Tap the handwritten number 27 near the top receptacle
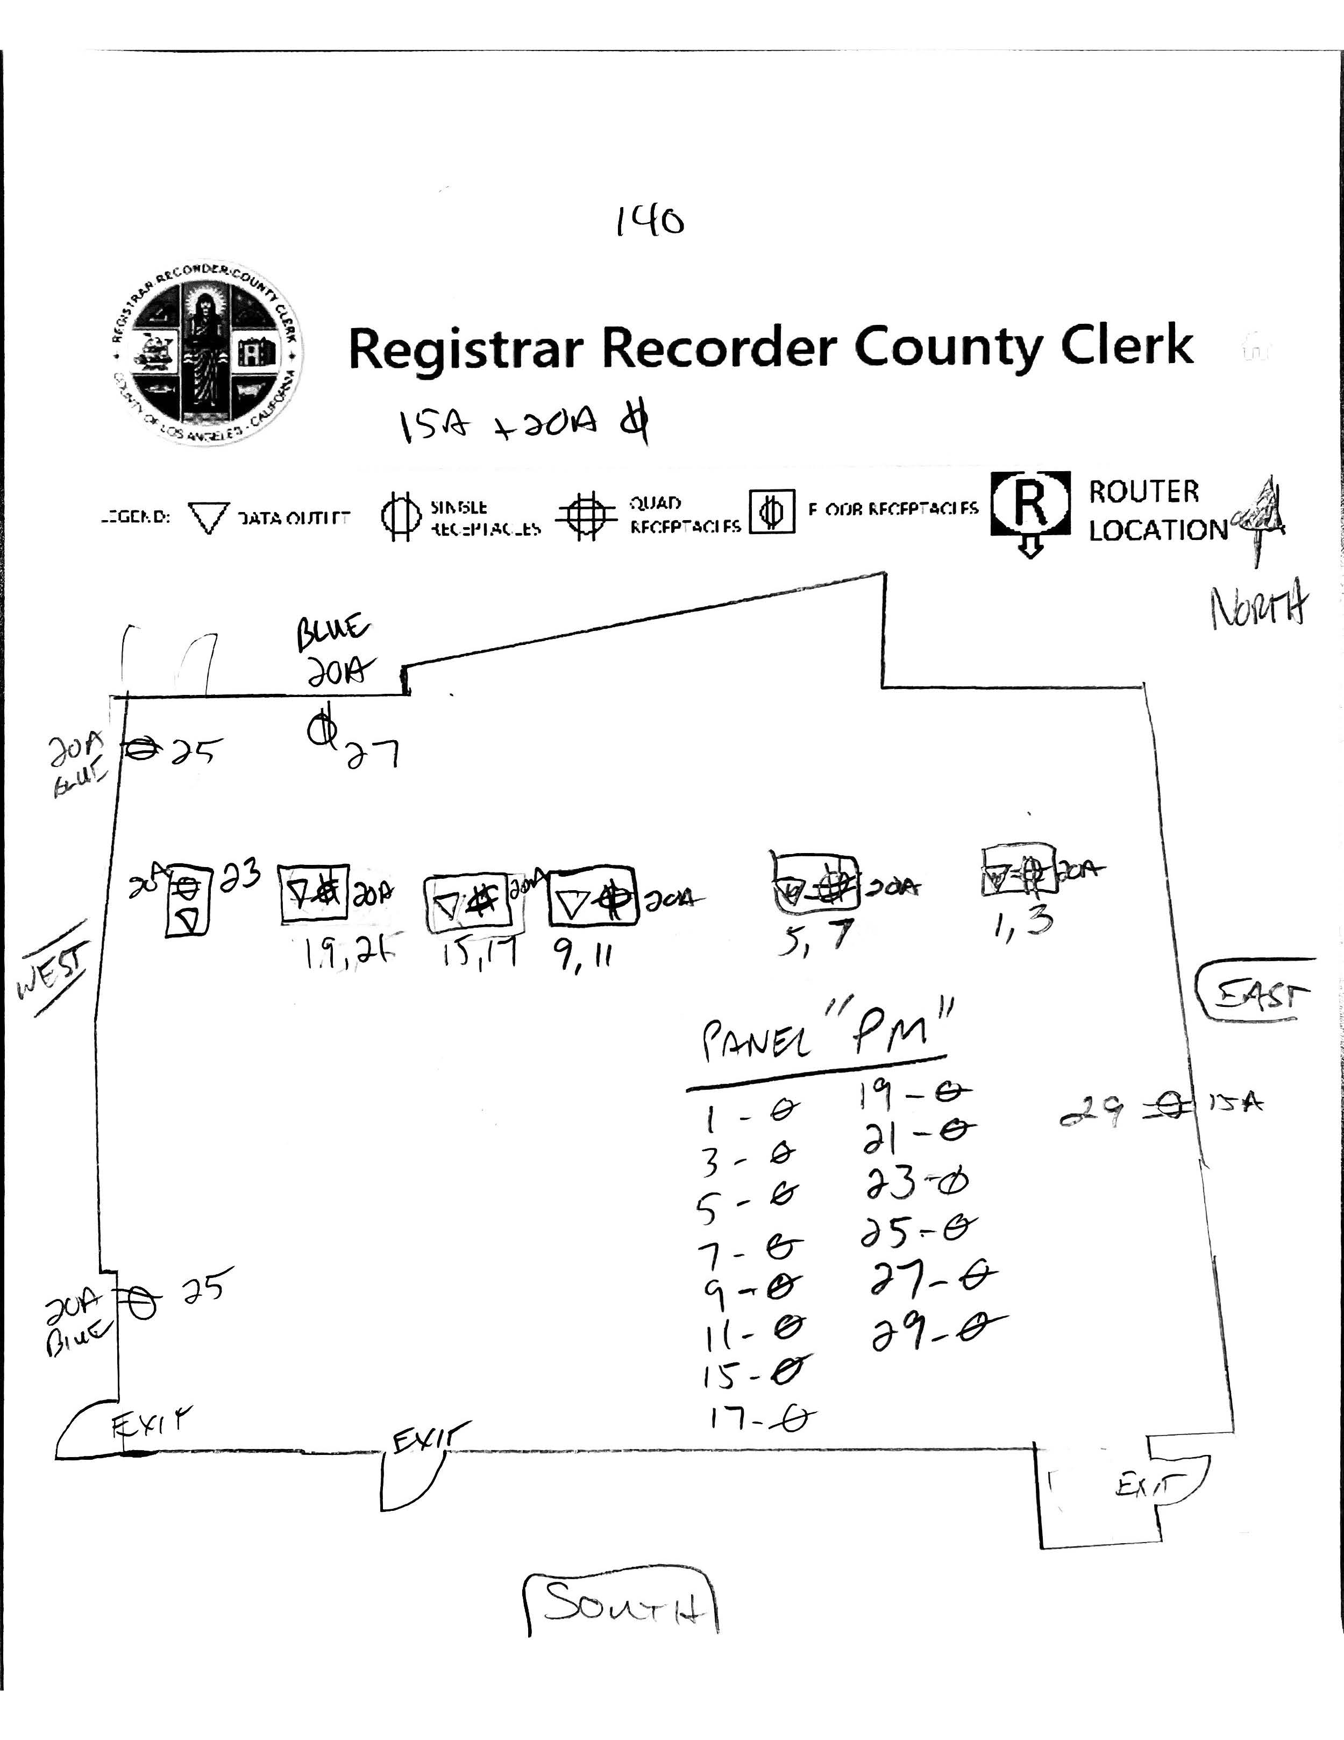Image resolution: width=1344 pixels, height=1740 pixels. click(371, 754)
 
